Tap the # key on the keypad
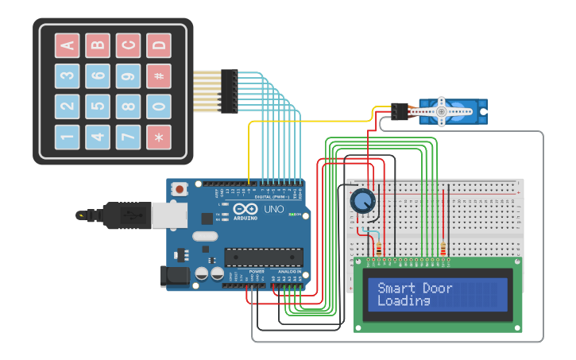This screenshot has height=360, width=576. (x=159, y=75)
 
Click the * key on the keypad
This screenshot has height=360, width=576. (x=159, y=137)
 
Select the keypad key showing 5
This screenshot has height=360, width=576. (x=98, y=106)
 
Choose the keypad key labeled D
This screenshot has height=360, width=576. (x=159, y=45)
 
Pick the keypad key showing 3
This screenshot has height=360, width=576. (x=68, y=75)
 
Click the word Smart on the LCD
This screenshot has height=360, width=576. (x=395, y=288)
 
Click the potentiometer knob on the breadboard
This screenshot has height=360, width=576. (x=363, y=201)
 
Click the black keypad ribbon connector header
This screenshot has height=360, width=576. (x=230, y=91)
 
